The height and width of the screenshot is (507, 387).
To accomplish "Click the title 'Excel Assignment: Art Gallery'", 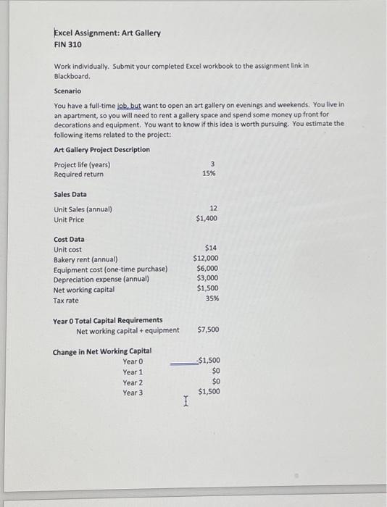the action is coord(108,33).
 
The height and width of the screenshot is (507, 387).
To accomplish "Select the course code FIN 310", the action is coord(68,44).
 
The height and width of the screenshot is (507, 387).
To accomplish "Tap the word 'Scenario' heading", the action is coord(68,91).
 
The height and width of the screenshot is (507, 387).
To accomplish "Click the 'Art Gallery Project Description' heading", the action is coord(102,150).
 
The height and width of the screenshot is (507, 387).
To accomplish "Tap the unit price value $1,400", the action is coord(207,218).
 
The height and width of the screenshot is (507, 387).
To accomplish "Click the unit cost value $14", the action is coord(212,248).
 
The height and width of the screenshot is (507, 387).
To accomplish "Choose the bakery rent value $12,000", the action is coord(206,259).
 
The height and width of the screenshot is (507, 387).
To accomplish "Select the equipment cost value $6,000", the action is coord(208,268).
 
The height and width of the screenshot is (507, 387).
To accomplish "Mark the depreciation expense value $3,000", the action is coord(208,278).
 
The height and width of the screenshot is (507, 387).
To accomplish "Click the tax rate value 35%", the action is coord(211,298).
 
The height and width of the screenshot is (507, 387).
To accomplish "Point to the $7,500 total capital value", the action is coord(209,330).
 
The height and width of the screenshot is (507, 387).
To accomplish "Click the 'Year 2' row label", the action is coord(133,382).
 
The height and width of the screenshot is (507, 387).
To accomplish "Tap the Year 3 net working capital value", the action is coord(209,392).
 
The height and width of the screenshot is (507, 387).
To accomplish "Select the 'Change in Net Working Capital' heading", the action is coord(102,352).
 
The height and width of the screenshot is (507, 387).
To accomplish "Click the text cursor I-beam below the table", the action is coord(186,401).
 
